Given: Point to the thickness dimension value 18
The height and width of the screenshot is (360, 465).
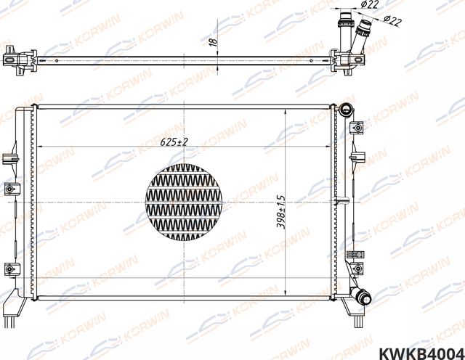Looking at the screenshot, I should coord(212,42).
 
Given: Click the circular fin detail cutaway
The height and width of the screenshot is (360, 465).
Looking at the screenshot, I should coord(183,201).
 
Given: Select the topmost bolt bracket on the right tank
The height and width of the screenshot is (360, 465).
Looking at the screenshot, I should coord(356,128).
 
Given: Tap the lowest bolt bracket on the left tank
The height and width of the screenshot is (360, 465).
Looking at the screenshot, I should coord(9,268).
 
